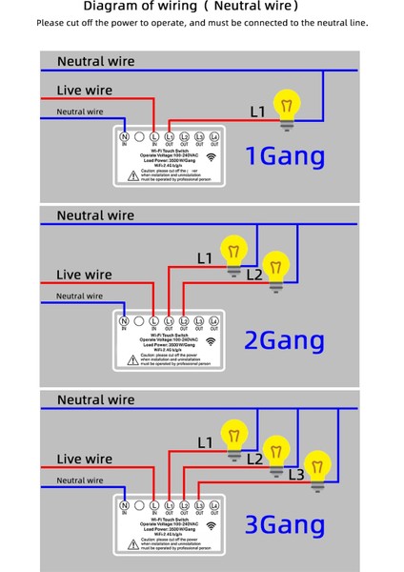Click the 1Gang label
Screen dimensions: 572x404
(285, 155)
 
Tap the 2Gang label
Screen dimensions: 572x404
(285, 340)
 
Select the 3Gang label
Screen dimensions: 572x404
(285, 524)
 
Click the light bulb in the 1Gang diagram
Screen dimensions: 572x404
(285, 107)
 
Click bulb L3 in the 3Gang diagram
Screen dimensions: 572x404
(317, 468)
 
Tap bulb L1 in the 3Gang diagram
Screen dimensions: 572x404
(232, 438)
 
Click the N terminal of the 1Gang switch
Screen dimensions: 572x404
(124, 137)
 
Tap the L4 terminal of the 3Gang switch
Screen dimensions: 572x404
(213, 505)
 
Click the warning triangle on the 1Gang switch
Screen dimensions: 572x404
(132, 175)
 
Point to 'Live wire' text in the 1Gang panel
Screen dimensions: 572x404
(84, 91)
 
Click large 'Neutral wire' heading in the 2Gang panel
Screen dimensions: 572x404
(95, 215)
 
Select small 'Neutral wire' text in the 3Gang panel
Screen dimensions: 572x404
(79, 480)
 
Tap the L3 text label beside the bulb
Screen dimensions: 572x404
(295, 475)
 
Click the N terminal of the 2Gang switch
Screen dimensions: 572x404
(124, 321)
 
